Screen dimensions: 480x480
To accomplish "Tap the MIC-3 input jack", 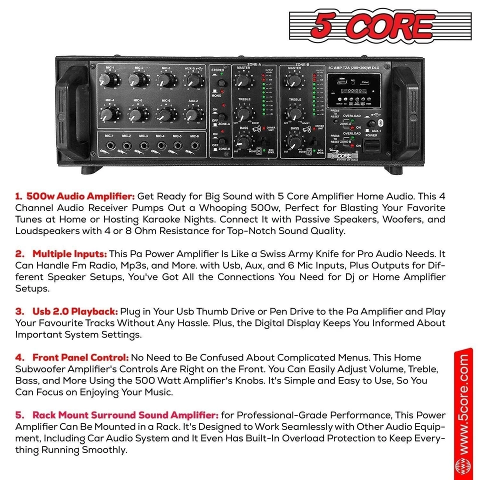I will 144,146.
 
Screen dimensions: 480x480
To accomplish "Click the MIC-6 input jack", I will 194,146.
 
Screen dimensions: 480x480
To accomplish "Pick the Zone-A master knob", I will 243,80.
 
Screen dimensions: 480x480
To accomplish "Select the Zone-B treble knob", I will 294,113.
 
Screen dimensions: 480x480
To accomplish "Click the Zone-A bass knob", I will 243,142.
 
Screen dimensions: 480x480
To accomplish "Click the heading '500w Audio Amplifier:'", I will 74,195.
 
